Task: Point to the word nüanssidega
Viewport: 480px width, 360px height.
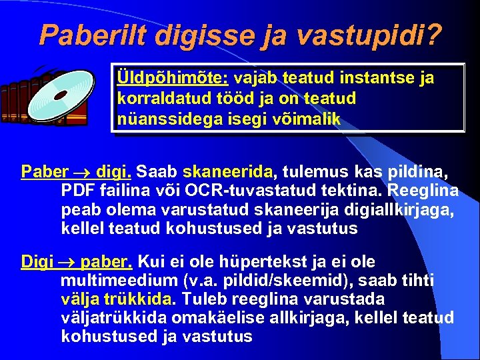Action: pyautogui.click(x=157, y=119)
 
